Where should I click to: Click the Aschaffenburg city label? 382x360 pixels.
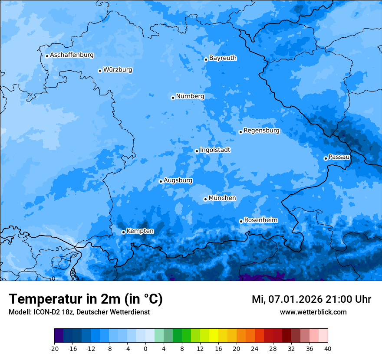coord(72,55)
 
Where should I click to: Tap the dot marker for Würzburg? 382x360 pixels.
coord(100,71)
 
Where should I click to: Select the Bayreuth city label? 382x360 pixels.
coord(223,58)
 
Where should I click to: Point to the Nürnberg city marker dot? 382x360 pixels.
coord(173,98)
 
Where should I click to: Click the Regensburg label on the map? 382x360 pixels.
coord(261,130)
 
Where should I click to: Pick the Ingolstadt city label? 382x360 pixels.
coord(215,150)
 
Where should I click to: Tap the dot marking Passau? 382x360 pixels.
coord(326,158)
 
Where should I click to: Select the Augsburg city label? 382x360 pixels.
coord(178,180)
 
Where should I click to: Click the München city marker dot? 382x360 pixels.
coord(205,199)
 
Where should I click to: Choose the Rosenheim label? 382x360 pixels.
coord(260,220)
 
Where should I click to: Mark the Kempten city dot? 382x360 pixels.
coord(123,232)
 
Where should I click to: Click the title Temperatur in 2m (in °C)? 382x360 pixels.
coord(86,299)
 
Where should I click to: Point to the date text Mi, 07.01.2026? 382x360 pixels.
coord(286,299)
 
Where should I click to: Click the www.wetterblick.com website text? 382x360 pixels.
coord(313,312)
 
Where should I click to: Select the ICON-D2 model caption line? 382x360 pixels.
coord(79,312)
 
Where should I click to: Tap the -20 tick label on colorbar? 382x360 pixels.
coord(54,348)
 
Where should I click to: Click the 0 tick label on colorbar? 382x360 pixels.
coord(145,348)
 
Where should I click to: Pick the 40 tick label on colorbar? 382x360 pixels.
coord(328,348)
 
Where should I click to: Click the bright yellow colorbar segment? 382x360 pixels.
coord(214,336)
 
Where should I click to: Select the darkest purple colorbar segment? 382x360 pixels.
coord(59,336)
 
